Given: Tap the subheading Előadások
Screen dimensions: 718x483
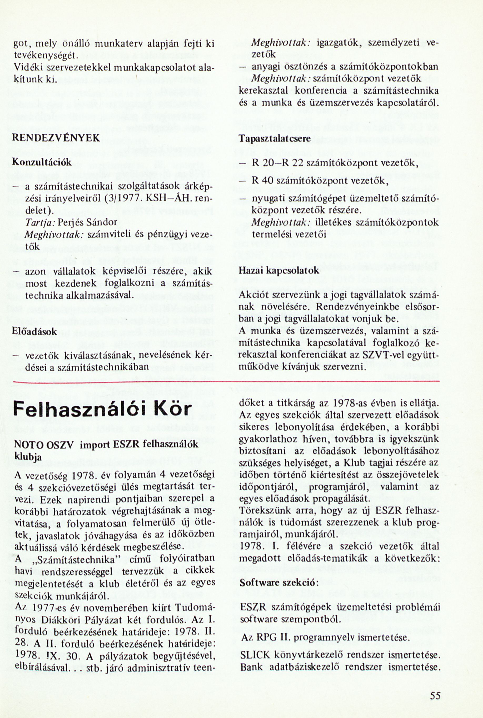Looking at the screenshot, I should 34,332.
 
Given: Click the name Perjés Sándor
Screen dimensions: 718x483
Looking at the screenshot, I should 87,222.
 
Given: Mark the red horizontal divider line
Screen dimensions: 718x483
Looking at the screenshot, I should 226,382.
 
